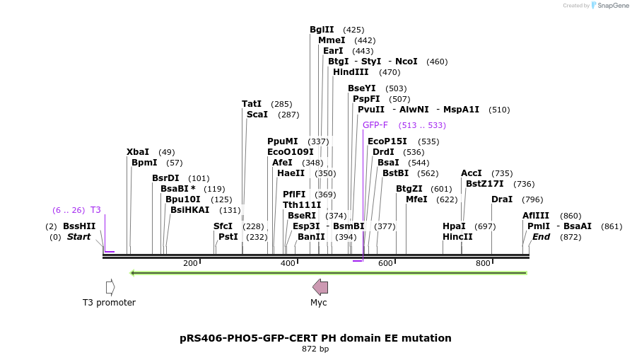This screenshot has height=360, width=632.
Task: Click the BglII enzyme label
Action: (322, 30)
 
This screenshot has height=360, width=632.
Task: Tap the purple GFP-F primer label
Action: (375, 125)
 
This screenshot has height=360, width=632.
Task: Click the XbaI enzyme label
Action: (138, 152)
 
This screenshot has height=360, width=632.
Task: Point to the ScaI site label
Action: (257, 115)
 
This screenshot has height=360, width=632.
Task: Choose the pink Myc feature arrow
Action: (320, 286)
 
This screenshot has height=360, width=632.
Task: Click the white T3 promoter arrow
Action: (110, 286)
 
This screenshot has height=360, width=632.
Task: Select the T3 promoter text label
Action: (109, 303)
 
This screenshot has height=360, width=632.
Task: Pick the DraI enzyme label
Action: (502, 199)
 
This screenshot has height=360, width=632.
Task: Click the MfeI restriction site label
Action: (416, 199)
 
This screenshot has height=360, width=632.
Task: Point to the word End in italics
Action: (541, 237)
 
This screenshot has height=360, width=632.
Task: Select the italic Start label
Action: (79, 237)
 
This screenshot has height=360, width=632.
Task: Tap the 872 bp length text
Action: (315, 349)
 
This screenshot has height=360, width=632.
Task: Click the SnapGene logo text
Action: (609, 6)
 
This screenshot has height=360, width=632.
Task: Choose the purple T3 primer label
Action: (95, 210)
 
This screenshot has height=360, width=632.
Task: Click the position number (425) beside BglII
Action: (353, 30)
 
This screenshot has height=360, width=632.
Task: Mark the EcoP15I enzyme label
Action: (387, 141)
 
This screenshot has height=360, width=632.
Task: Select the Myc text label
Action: (319, 303)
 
